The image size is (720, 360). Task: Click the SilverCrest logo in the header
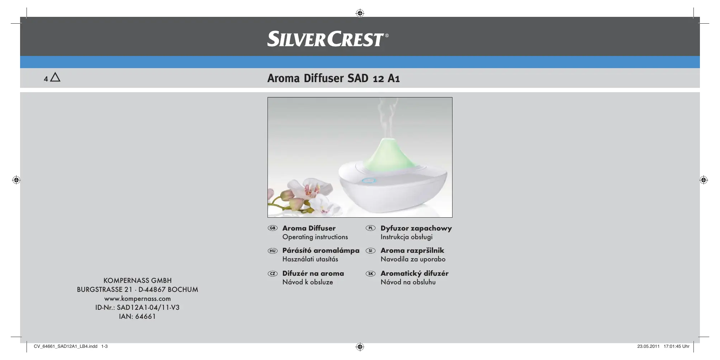[x=328, y=39]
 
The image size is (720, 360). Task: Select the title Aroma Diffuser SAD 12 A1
[x=333, y=78]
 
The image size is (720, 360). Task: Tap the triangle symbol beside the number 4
[x=56, y=77]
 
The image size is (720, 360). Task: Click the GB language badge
[x=273, y=228]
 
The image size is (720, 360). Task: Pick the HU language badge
[x=273, y=251]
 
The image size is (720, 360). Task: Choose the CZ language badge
[x=273, y=274]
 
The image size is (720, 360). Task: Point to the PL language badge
[x=370, y=228]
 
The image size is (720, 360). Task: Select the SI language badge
[x=370, y=251]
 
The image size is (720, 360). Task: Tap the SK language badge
[x=370, y=274]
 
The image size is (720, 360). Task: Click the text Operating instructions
[x=315, y=237]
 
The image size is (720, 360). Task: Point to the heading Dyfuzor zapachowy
[x=416, y=228]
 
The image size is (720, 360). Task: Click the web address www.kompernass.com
[x=138, y=299]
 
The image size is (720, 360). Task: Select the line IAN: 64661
[x=138, y=317]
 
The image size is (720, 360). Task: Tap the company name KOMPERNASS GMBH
[x=138, y=280]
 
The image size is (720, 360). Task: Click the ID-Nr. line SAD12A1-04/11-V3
[x=138, y=308]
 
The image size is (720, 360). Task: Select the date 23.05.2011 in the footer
[x=648, y=346]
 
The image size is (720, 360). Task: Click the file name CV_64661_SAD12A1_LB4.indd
[x=66, y=346]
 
